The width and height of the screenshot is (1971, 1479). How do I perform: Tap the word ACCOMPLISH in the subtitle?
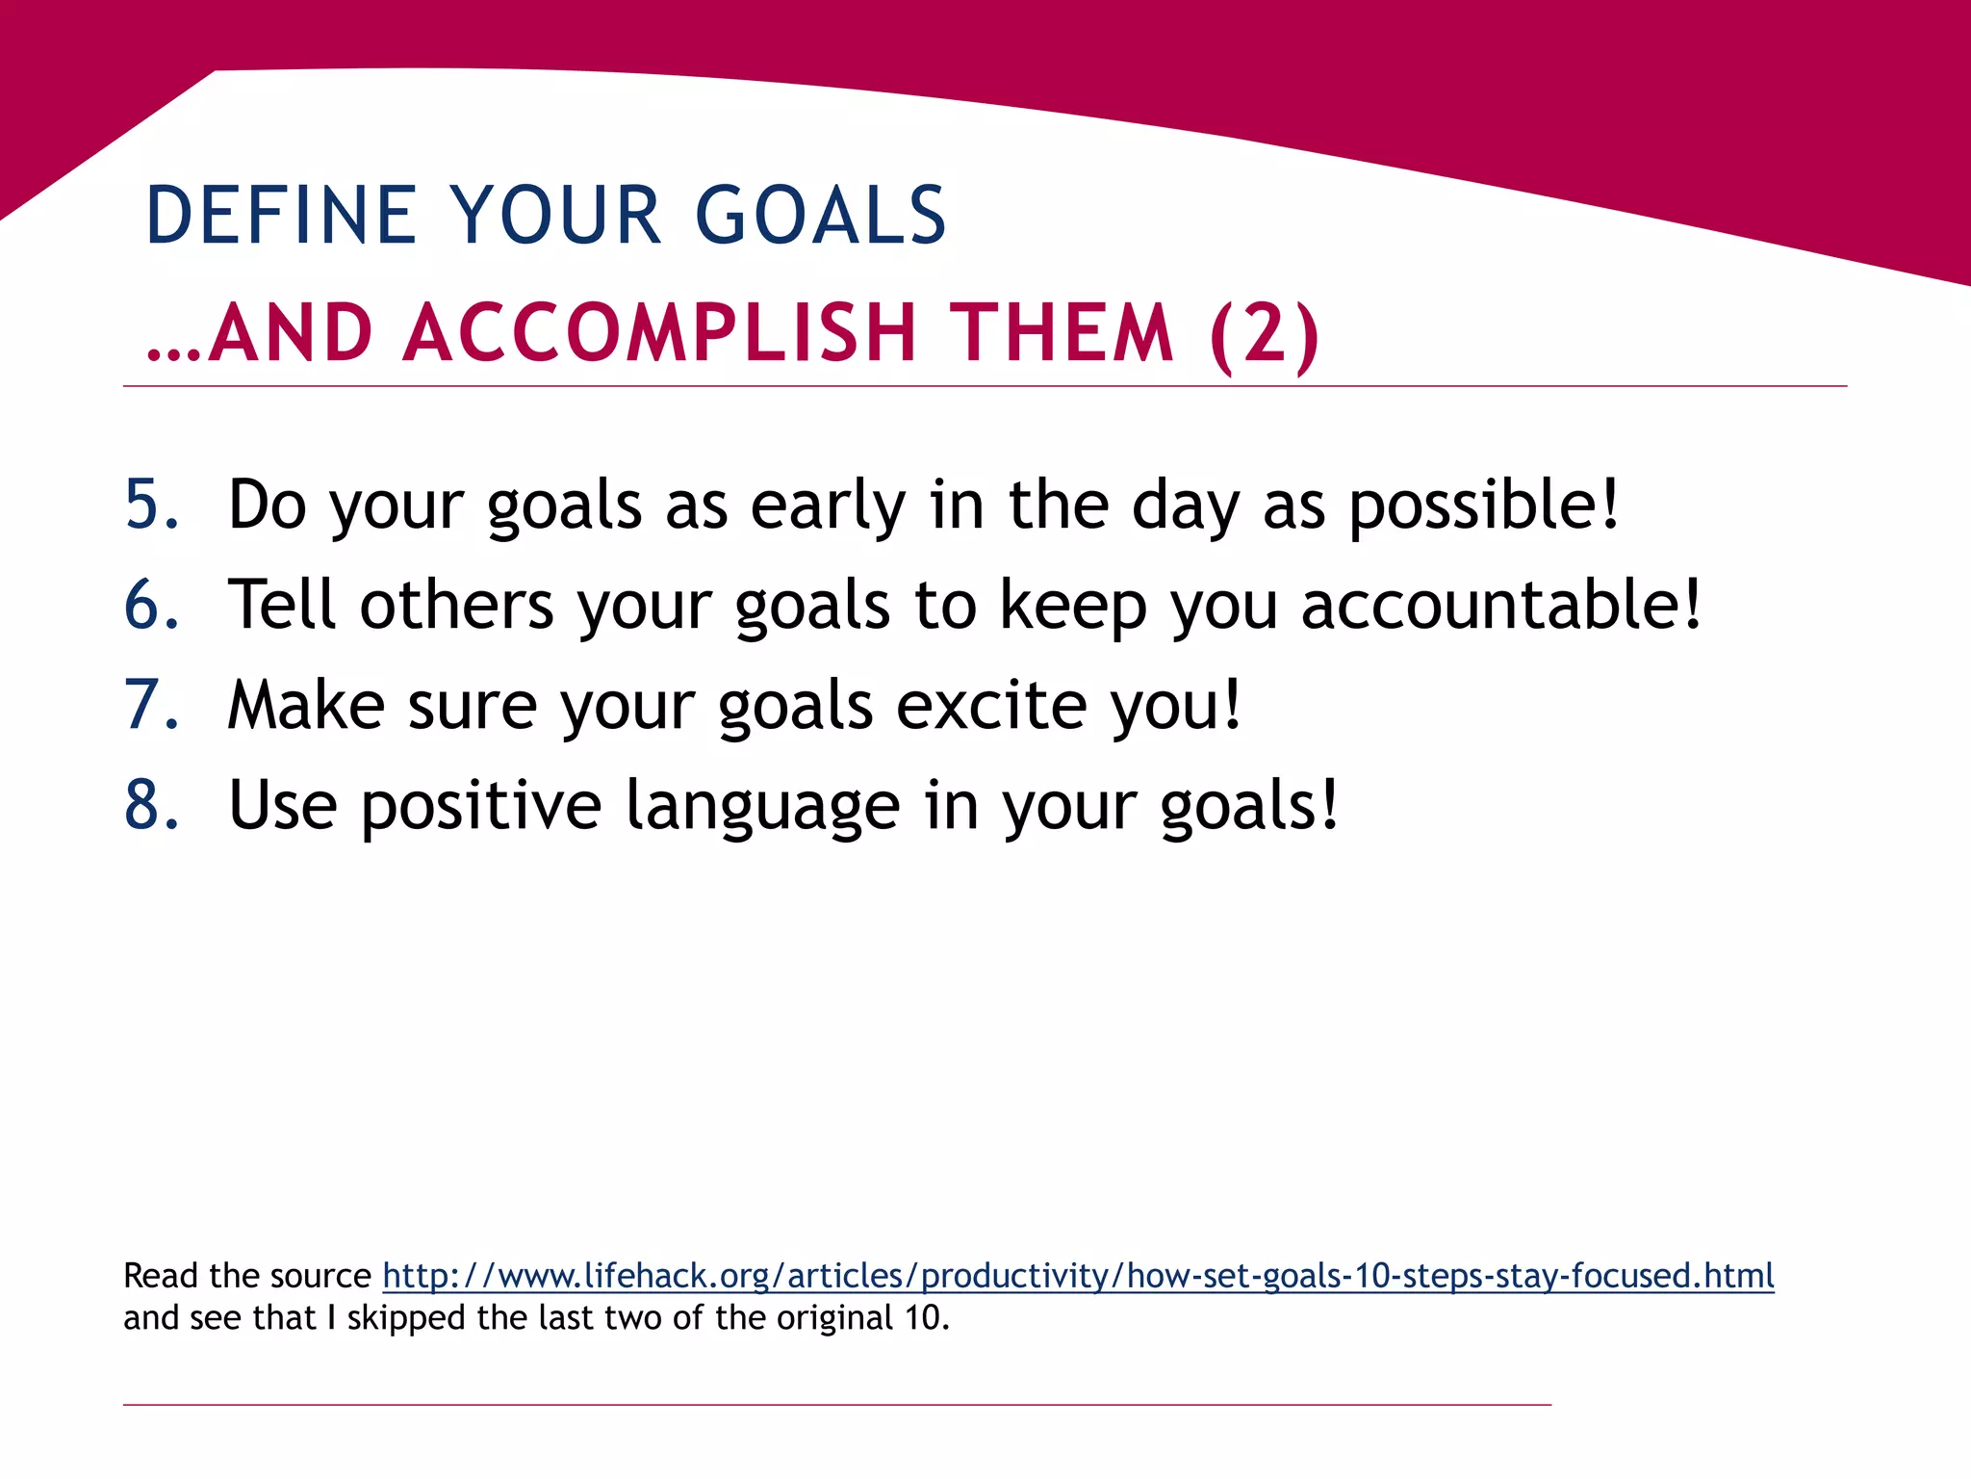(x=659, y=333)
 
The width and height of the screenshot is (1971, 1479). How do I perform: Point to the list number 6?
(x=151, y=605)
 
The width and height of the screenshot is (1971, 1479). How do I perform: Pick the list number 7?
(x=151, y=705)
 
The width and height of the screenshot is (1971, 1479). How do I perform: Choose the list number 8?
(x=151, y=805)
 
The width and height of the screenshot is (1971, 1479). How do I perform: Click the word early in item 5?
(x=828, y=506)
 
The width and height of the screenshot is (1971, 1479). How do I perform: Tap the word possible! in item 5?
(x=1483, y=506)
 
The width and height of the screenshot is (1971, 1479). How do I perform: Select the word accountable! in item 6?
(x=1500, y=606)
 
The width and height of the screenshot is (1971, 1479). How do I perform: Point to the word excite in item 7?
(x=991, y=705)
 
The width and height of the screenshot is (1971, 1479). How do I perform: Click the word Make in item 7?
(x=306, y=705)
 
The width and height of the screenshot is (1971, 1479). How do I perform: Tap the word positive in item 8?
(x=481, y=807)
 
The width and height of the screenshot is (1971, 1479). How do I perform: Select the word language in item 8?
(x=762, y=807)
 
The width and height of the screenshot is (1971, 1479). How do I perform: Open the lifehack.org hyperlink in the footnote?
(x=1078, y=1276)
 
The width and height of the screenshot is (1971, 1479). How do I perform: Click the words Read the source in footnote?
(x=246, y=1276)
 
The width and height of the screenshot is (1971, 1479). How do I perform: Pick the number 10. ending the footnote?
(x=927, y=1317)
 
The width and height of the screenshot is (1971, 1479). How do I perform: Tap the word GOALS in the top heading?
(x=820, y=215)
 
